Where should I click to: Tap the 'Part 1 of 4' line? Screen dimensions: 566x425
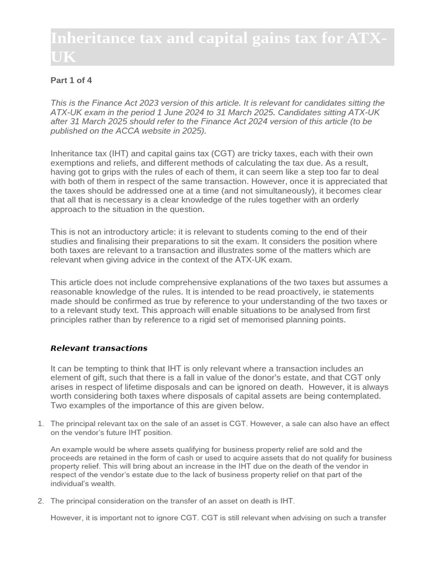pyautogui.click(x=71, y=80)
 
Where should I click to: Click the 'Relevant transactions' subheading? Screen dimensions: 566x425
pyautogui.click(x=99, y=348)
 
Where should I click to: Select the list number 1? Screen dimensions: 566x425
pyautogui.click(x=40, y=424)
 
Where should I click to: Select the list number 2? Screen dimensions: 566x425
pyautogui.click(x=40, y=501)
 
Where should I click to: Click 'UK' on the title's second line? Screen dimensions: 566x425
pyautogui.click(x=63, y=57)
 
